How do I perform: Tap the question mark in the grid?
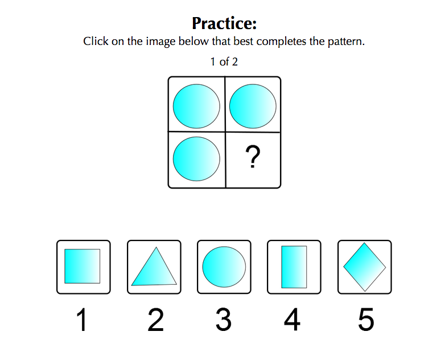pyautogui.click(x=253, y=157)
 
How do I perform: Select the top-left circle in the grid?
pyautogui.click(x=196, y=107)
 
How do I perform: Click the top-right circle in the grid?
pyautogui.click(x=253, y=107)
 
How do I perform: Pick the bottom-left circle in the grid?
pyautogui.click(x=196, y=159)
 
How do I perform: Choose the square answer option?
pyautogui.click(x=83, y=266)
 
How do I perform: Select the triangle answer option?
pyautogui.click(x=154, y=267)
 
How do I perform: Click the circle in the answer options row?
pyautogui.click(x=224, y=267)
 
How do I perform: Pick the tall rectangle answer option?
pyautogui.click(x=294, y=267)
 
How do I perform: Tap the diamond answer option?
pyautogui.click(x=365, y=267)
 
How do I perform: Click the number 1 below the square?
pyautogui.click(x=82, y=320)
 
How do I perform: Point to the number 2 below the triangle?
pyautogui.click(x=156, y=320)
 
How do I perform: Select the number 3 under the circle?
pyautogui.click(x=224, y=320)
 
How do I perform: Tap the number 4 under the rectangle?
pyautogui.click(x=292, y=320)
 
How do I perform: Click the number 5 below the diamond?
pyautogui.click(x=366, y=320)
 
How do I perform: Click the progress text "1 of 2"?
pyautogui.click(x=224, y=62)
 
